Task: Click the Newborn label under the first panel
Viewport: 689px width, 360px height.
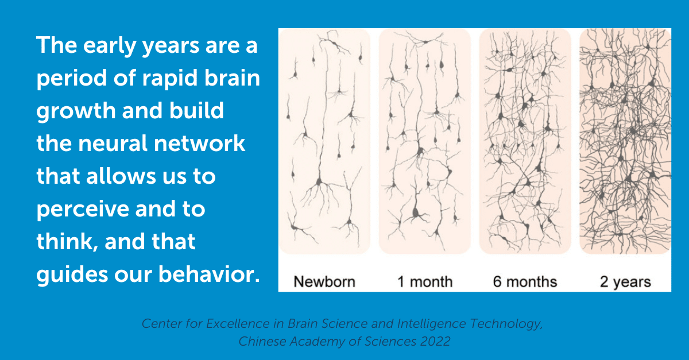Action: (324, 281)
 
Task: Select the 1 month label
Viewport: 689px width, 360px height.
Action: (425, 281)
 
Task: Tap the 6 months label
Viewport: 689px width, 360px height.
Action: (525, 281)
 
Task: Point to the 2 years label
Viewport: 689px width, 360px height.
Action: (625, 282)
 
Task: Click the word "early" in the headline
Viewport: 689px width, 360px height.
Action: (109, 46)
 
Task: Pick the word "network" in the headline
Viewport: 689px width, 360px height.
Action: (199, 144)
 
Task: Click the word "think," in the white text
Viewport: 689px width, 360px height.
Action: (67, 241)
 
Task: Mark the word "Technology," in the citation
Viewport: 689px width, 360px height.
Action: (506, 324)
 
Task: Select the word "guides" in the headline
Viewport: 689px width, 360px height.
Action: (72, 274)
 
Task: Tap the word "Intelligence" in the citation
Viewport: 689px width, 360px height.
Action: (432, 324)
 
